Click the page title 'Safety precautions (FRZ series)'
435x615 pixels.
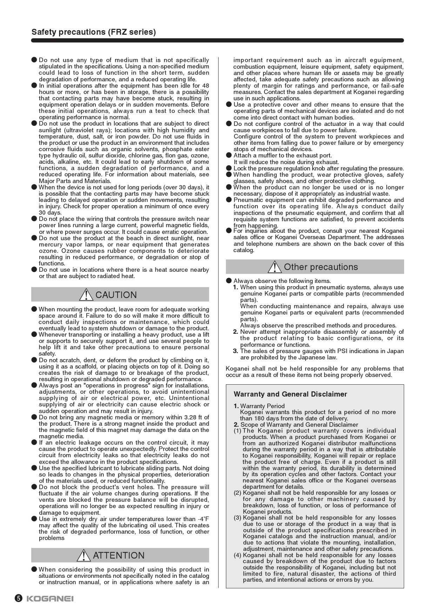coord(94,32)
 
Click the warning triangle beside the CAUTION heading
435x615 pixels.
coord(86,295)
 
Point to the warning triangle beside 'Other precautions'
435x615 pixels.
coord(274,267)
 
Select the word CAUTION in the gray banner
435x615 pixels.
coord(116,295)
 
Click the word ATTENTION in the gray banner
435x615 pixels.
coord(119,555)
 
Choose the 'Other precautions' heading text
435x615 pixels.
coord(321,267)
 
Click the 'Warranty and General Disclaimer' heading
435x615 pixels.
coord(290,394)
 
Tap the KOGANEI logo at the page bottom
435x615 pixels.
coord(50,599)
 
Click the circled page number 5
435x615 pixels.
coord(19,599)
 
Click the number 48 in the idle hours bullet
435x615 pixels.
coord(206,86)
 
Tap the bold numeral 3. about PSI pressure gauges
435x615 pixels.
coord(236,351)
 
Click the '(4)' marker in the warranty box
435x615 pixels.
coord(237,555)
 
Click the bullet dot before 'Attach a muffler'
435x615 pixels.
coord(229,155)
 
